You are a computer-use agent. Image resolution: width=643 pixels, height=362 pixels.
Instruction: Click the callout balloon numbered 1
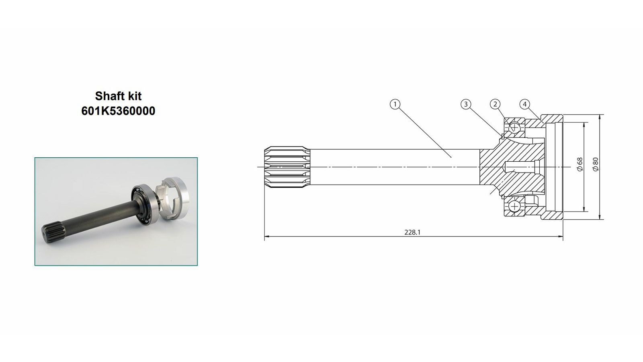point(395,104)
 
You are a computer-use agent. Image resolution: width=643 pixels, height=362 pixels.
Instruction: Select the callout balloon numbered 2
point(495,104)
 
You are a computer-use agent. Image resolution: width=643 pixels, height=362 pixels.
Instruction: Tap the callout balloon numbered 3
point(466,104)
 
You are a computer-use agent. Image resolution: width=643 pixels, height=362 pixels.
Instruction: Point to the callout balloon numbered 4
point(525,104)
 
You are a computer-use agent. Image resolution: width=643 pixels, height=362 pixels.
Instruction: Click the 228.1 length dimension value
point(412,232)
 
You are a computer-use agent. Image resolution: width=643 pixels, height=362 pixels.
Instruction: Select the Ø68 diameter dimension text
point(580,165)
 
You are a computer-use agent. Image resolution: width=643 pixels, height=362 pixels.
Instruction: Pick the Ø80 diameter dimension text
point(596,165)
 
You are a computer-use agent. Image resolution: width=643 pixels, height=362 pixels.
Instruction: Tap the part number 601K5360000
point(118,111)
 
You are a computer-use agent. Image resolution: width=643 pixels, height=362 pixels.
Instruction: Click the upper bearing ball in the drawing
point(515,127)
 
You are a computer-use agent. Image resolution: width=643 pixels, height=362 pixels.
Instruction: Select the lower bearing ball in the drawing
point(515,206)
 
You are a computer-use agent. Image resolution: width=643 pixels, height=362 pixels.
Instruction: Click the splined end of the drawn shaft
point(287,167)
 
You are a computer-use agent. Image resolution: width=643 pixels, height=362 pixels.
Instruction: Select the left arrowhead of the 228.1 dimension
point(267,237)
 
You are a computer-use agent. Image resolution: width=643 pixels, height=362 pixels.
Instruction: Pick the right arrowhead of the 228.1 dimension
point(560,237)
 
